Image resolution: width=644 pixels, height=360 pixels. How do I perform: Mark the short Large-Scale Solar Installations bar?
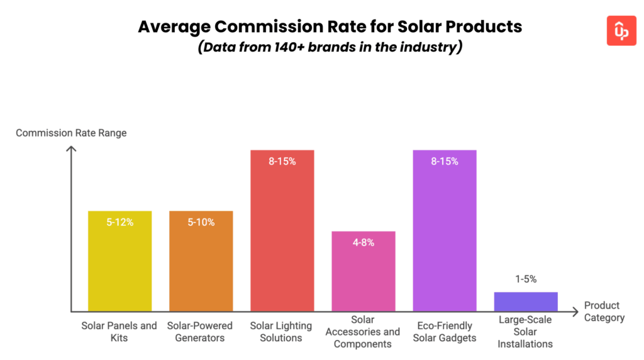point(526,301)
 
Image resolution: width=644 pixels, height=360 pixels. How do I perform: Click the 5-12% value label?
point(119,222)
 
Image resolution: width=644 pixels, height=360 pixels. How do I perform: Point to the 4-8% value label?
point(363,242)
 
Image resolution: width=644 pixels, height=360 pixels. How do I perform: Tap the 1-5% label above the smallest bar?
point(526,279)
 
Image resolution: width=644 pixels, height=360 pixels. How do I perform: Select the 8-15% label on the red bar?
point(282,161)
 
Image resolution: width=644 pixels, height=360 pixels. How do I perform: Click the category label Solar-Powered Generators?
point(200,332)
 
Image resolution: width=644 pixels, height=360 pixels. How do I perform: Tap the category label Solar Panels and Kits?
point(119,332)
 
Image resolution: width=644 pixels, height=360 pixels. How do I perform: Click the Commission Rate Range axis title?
point(71,133)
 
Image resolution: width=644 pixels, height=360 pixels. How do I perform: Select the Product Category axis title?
point(604,312)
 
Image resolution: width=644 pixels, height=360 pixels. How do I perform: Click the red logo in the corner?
point(621,31)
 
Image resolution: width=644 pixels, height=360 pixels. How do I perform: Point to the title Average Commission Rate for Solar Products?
point(330,27)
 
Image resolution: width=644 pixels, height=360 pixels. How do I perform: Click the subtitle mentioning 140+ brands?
point(330,48)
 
